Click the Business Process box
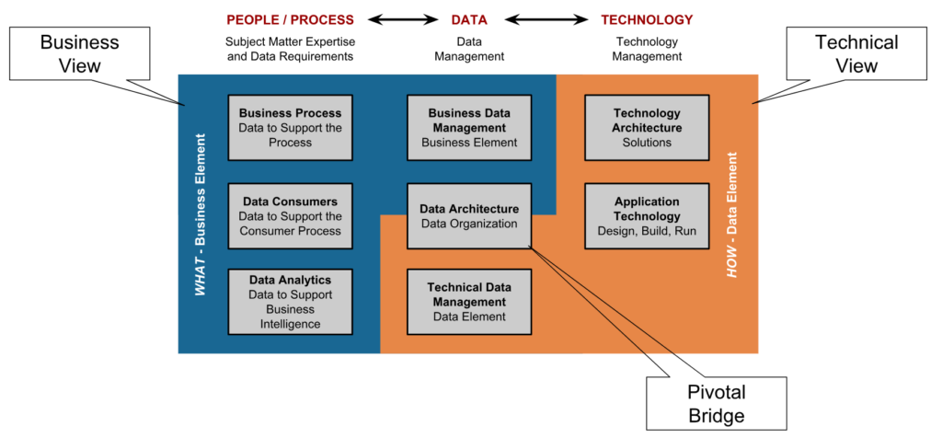[290, 127]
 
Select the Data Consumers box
[290, 215]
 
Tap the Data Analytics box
[290, 301]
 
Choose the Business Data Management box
[469, 127]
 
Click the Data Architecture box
[469, 215]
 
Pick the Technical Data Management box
[469, 301]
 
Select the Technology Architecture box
[647, 127]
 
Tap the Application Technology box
[647, 215]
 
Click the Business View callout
[80, 53]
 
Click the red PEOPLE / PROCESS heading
[290, 19]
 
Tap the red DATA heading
[469, 19]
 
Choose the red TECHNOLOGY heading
[647, 19]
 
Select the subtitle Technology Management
[647, 49]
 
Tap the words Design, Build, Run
[647, 231]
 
